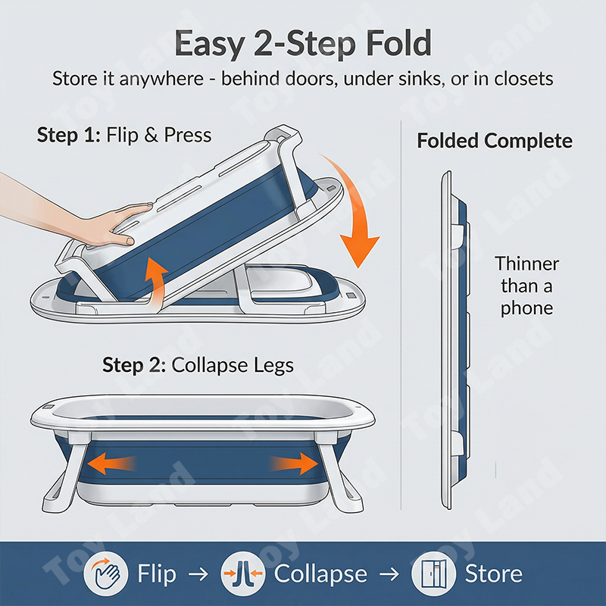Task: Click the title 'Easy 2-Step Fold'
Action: [x=303, y=43]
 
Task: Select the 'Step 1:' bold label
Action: [x=69, y=135]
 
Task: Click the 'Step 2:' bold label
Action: [x=134, y=365]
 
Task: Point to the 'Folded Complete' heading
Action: [x=495, y=141]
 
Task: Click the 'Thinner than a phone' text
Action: [x=526, y=286]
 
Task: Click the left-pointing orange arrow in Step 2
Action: [x=111, y=464]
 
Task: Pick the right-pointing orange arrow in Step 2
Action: [x=294, y=464]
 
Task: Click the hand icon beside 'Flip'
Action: [x=105, y=573]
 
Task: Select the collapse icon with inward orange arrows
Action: [x=243, y=573]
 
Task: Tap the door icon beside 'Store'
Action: [x=433, y=573]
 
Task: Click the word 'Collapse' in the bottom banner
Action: [x=320, y=574]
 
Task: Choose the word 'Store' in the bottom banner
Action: [x=494, y=574]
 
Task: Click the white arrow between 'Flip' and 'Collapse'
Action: [x=198, y=574]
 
